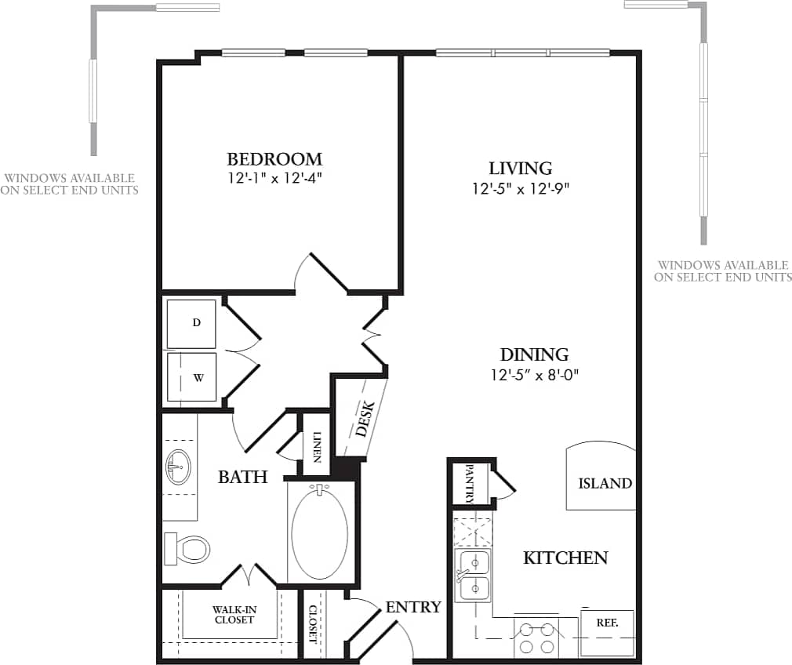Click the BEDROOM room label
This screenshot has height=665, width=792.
coord(274,158)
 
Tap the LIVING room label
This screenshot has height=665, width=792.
coord(521,168)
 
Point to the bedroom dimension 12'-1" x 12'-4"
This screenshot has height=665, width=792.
coord(274,178)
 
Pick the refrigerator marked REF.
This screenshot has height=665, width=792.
coord(606,631)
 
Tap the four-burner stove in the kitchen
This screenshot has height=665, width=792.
coord(536,637)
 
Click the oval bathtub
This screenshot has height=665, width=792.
coord(319,533)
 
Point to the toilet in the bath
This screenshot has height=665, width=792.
coord(187,548)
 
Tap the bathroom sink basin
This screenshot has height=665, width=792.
coord(178,468)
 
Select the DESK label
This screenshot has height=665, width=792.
coord(364,419)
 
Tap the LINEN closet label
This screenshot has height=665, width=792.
coord(317,447)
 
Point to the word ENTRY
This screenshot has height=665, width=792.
coord(413,607)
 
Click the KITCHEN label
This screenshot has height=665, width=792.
coord(565,558)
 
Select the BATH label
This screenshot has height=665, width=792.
coord(242,476)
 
